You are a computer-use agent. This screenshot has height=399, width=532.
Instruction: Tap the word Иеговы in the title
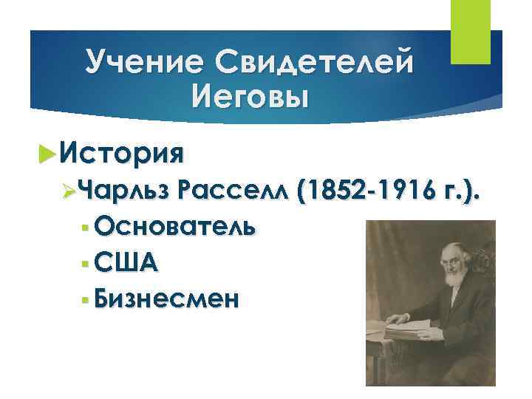pyautogui.click(x=248, y=95)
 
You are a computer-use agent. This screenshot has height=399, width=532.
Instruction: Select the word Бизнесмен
pyautogui.click(x=167, y=298)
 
